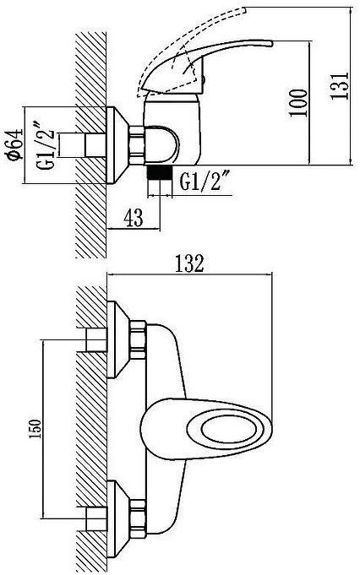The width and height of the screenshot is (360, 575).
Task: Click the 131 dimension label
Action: (x=339, y=85)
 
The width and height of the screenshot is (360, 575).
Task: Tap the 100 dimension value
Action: (x=297, y=103)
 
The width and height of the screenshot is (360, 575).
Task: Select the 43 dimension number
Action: (x=134, y=219)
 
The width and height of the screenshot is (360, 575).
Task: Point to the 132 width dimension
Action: (x=189, y=263)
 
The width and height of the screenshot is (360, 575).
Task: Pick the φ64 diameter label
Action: (x=14, y=144)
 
